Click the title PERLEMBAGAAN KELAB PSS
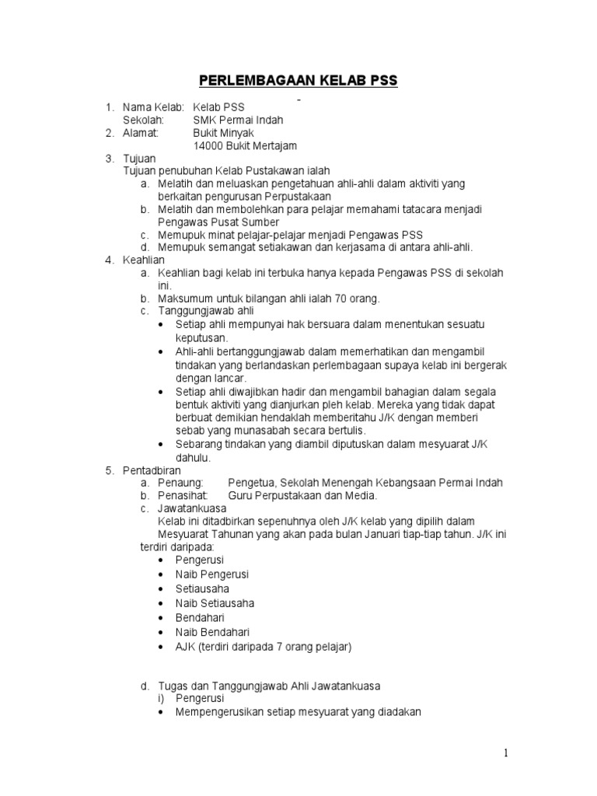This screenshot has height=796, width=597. point(298,80)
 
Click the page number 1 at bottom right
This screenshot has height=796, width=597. point(505,752)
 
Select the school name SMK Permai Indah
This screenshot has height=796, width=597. point(238,120)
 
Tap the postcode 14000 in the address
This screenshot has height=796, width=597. point(208,145)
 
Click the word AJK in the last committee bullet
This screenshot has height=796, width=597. point(186,646)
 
